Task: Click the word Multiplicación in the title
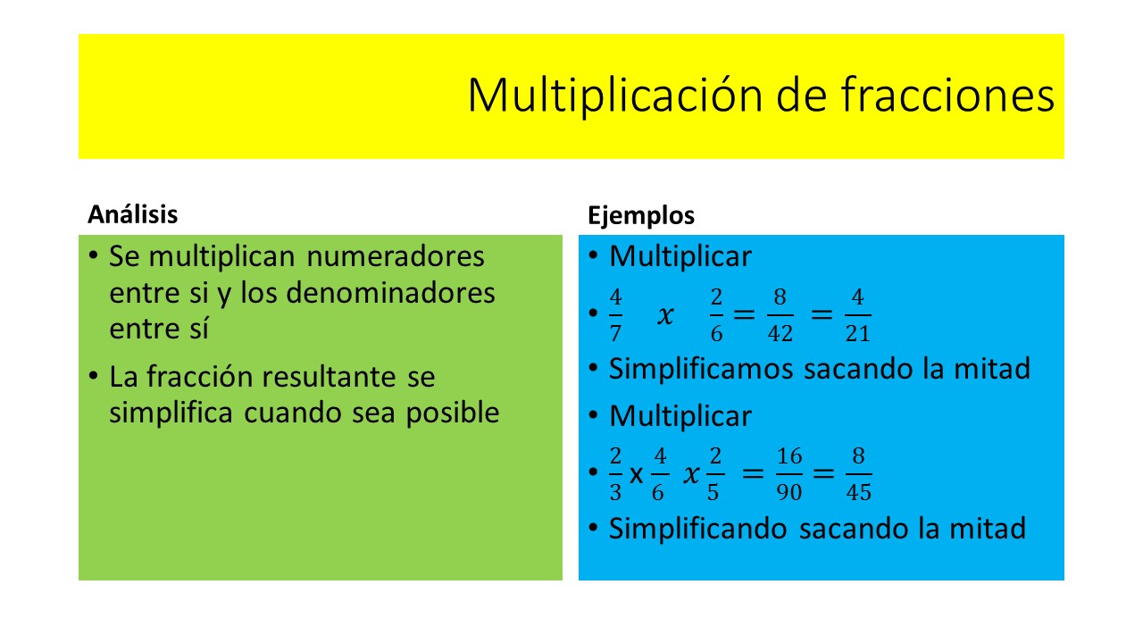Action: tap(615, 96)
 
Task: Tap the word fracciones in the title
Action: tap(947, 95)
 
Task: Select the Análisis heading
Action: tap(133, 214)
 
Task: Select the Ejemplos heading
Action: tap(641, 215)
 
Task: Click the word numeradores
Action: tap(396, 256)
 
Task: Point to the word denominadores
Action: tap(390, 293)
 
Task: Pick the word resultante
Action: tap(330, 377)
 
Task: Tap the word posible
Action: tap(453, 413)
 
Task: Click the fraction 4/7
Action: tap(615, 315)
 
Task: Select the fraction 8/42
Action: tap(780, 315)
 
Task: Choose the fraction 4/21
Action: tap(858, 315)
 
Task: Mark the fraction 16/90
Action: tap(789, 474)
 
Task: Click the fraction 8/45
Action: tap(858, 474)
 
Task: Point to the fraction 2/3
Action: tap(615, 474)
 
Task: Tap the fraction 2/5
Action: tap(715, 474)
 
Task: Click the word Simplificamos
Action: tap(701, 369)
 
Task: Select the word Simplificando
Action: tap(698, 529)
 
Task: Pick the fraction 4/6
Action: tap(660, 474)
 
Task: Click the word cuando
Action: tap(292, 413)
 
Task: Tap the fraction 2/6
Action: tap(716, 315)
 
